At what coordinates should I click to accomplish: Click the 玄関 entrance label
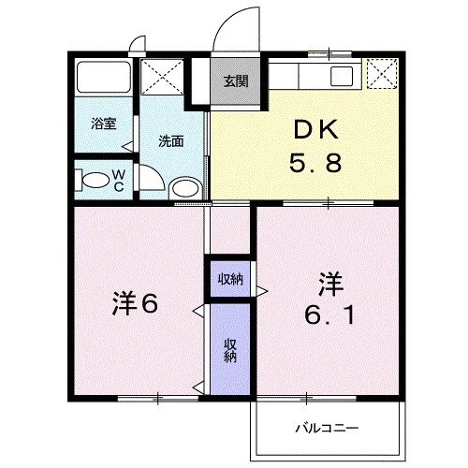pos(236,81)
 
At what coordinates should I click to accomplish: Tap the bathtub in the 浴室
pos(104,77)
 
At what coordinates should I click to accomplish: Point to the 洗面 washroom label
pos(171,141)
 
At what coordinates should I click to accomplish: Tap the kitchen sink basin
pos(342,76)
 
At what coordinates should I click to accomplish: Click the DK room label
pos(315,130)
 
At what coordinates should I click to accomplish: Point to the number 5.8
pos(315,163)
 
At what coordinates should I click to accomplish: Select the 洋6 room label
pos(135,303)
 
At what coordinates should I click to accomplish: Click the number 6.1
pos(329,314)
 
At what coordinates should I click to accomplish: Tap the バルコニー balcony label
pos(327,428)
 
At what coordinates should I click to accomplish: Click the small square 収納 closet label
pos(230,279)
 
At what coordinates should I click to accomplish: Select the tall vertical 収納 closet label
pos(230,350)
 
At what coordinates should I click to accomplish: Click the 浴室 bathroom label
pos(104,124)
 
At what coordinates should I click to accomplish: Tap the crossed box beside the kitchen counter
pos(382,74)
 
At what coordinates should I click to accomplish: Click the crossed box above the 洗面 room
pos(162,77)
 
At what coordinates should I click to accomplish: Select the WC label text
pos(119,181)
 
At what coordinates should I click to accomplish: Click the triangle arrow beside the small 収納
pos(262,291)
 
